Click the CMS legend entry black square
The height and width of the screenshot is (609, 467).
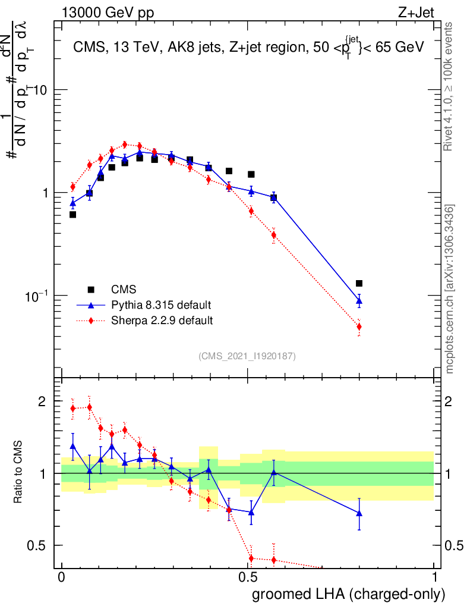click(91, 290)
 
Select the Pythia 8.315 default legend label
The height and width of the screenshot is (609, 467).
click(161, 305)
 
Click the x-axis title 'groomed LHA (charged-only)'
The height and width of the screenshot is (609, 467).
click(349, 594)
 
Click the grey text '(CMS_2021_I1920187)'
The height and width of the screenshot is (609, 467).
click(247, 356)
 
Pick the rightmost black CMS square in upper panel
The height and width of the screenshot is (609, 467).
click(359, 284)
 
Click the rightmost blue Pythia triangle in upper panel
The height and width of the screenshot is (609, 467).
click(359, 301)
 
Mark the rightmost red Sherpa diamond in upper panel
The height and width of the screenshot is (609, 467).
click(359, 327)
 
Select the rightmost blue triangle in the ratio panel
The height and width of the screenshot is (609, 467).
click(359, 513)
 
